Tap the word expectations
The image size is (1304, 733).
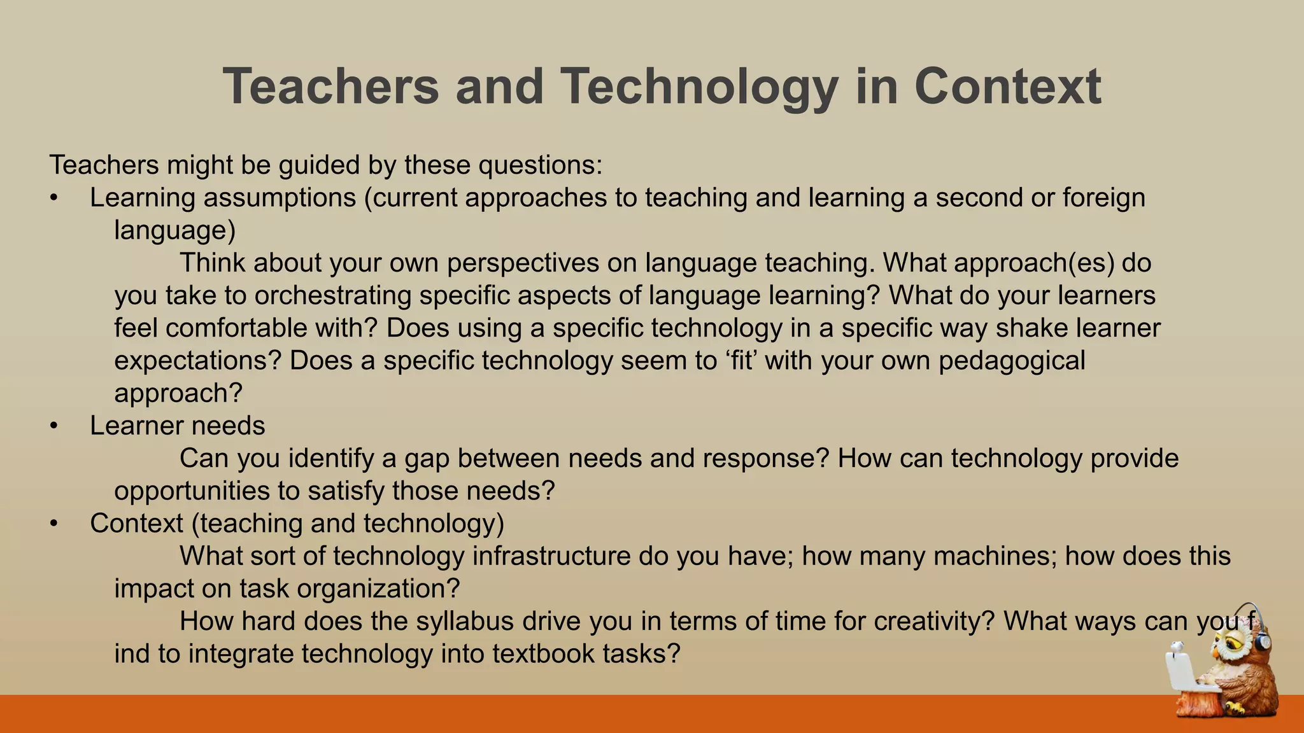click(x=197, y=361)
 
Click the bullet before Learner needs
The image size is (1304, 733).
click(x=54, y=426)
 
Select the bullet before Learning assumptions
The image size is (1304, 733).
click(x=54, y=199)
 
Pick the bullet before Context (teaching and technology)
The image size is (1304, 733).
click(x=54, y=524)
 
